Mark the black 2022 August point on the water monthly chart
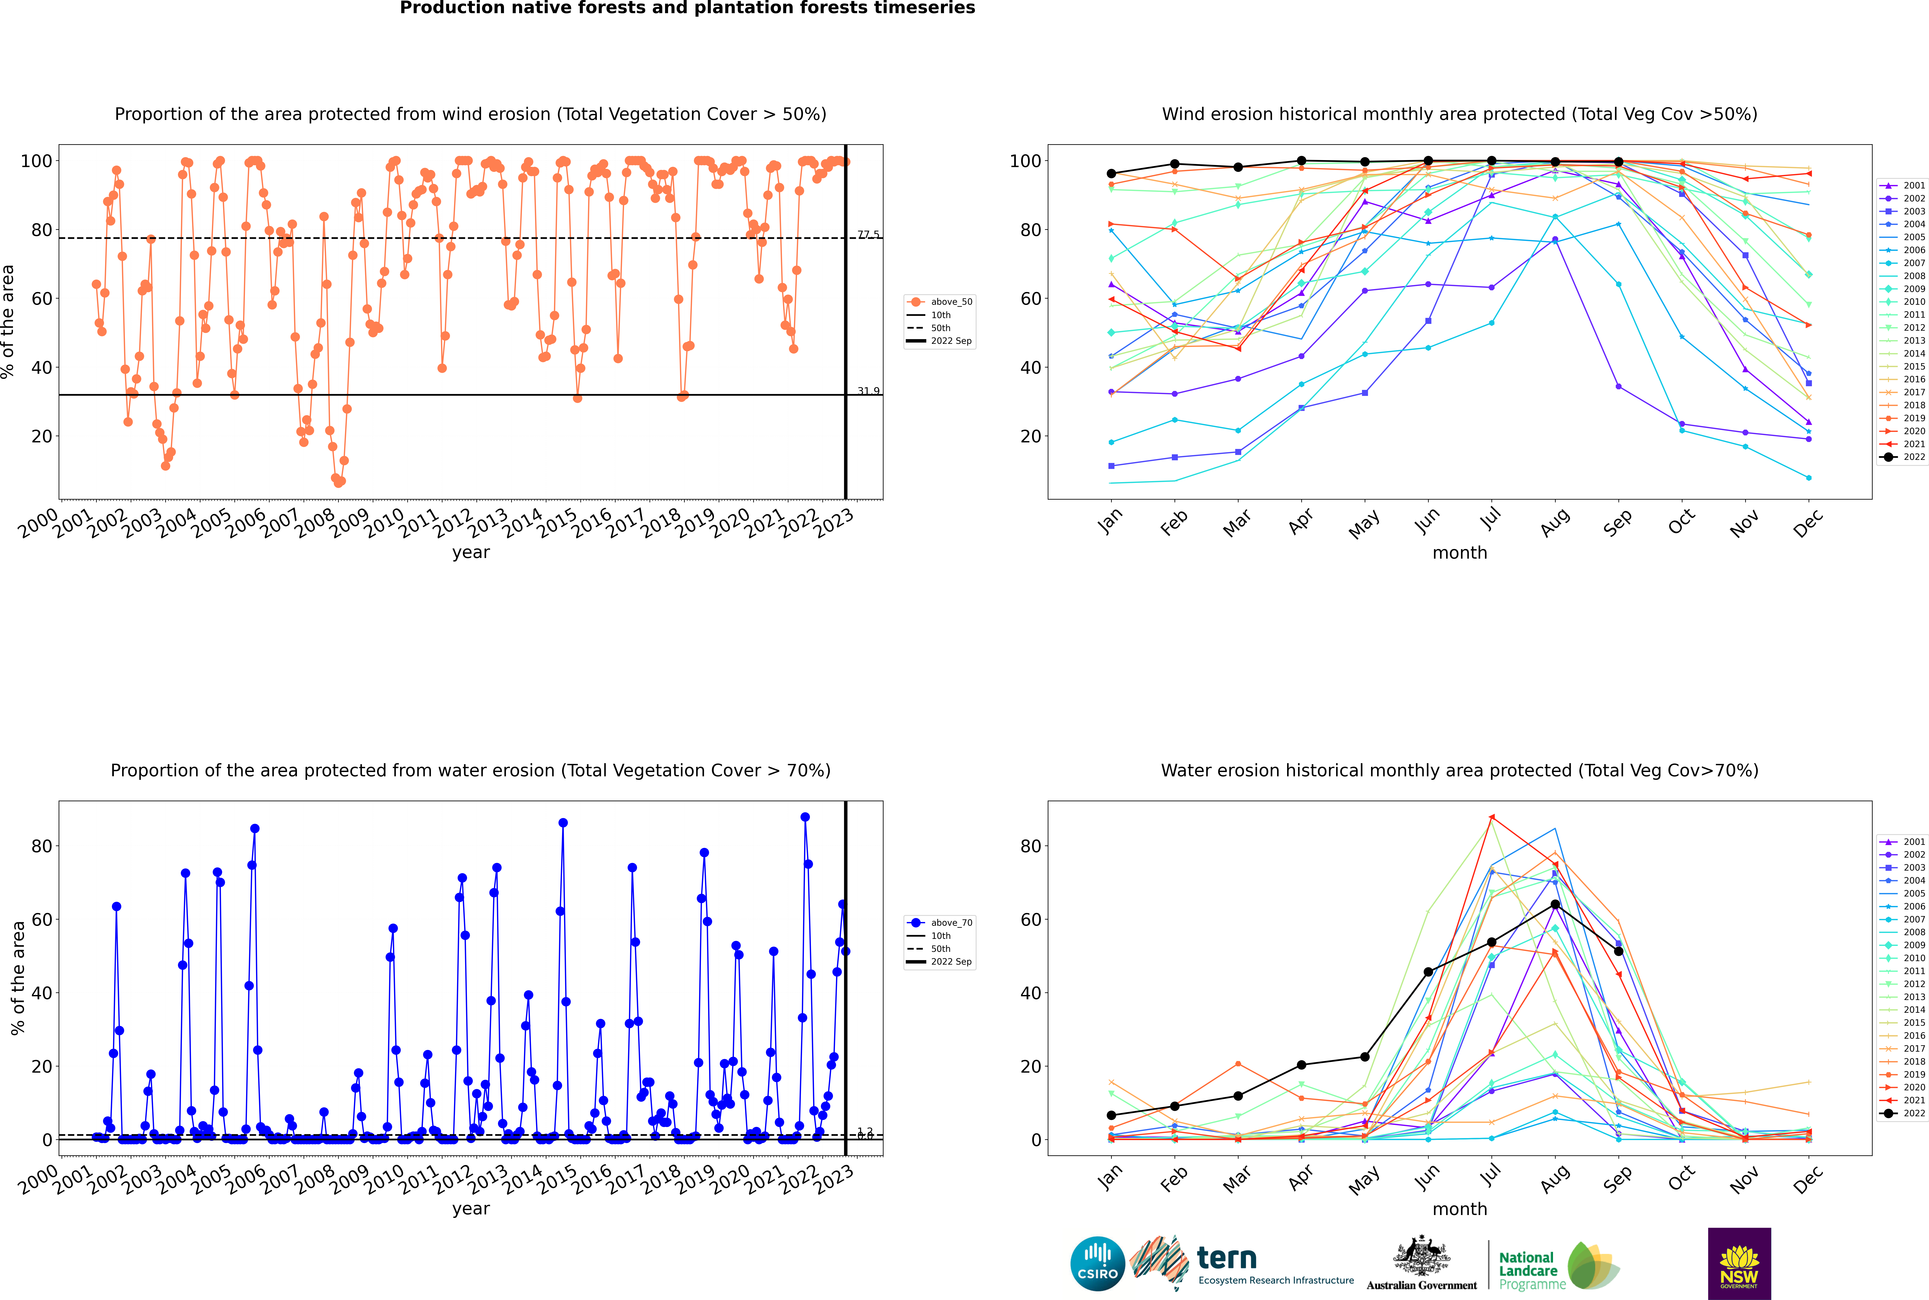pos(1555,905)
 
